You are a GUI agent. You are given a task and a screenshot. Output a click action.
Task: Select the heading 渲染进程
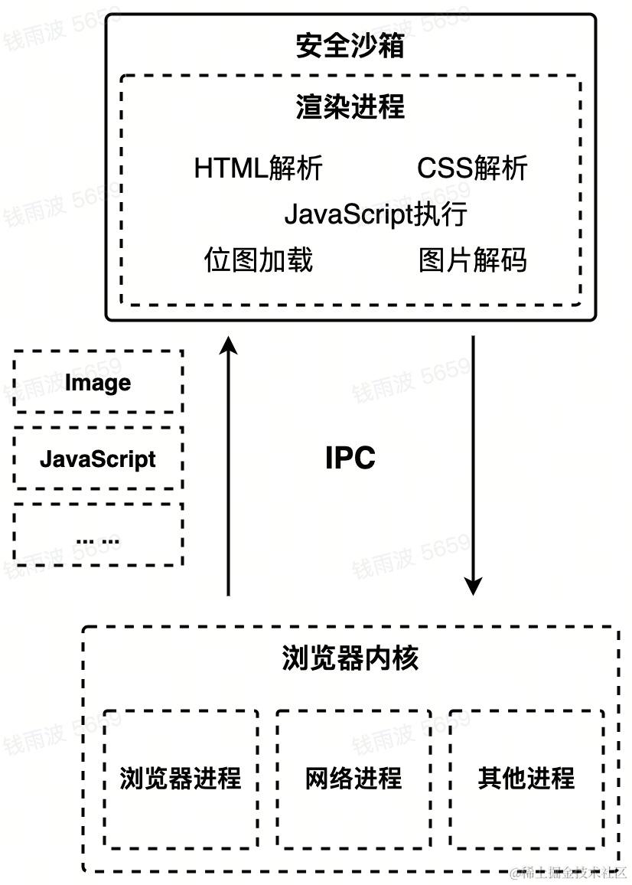(x=350, y=107)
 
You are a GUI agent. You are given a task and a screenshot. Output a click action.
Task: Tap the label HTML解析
(x=258, y=168)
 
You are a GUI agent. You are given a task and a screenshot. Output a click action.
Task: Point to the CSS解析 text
(x=472, y=168)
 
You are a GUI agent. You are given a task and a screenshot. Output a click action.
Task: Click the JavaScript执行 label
(x=375, y=214)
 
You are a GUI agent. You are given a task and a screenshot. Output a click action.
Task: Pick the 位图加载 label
(x=258, y=260)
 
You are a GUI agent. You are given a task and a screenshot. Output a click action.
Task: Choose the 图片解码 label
(x=472, y=260)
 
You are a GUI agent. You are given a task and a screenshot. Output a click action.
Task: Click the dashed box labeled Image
(x=98, y=382)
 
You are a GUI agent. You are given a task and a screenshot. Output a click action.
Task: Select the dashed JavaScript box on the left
(x=98, y=459)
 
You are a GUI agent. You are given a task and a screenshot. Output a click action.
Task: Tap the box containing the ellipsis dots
(x=98, y=535)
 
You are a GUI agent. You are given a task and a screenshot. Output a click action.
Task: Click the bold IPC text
(x=350, y=459)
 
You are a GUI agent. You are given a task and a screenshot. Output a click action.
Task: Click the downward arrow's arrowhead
(x=474, y=586)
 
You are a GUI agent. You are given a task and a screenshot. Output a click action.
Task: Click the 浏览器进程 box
(x=181, y=779)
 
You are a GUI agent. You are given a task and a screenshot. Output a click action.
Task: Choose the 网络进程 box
(x=353, y=779)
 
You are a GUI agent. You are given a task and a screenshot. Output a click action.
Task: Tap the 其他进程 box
(x=526, y=779)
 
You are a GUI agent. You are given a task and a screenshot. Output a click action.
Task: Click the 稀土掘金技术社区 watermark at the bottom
(x=570, y=872)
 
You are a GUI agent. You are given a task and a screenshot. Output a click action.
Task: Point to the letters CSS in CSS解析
(x=445, y=168)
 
